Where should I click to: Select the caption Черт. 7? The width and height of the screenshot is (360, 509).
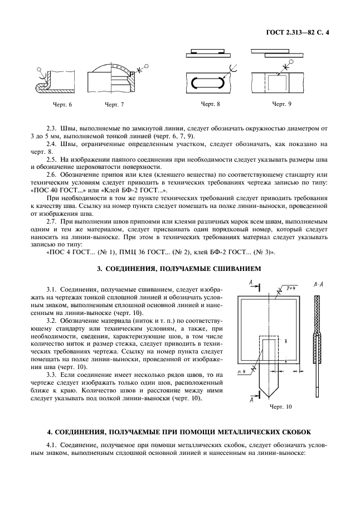114,105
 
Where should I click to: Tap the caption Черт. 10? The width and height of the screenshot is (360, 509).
280,408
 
